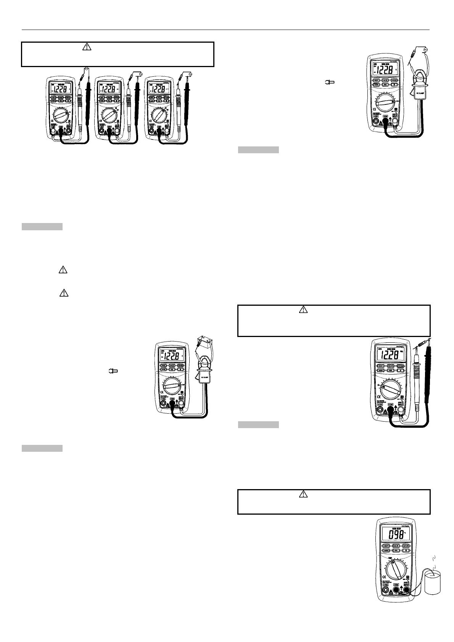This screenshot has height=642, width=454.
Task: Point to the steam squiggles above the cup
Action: click(433, 559)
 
